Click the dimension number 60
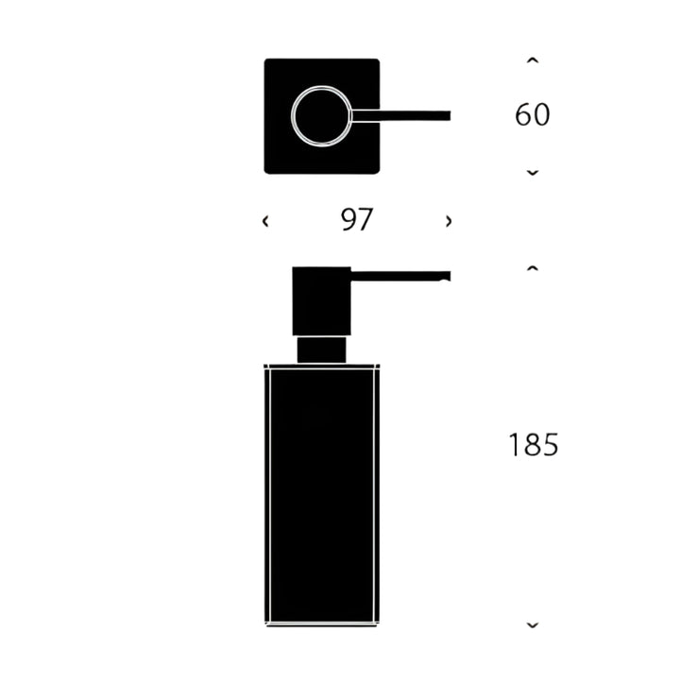[533, 115]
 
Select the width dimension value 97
[357, 220]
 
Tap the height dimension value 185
[534, 445]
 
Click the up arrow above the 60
[533, 61]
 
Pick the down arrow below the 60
[533, 172]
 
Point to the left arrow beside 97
[265, 221]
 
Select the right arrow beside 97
[449, 221]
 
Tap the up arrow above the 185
[533, 269]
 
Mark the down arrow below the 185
[533, 625]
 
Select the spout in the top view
[401, 116]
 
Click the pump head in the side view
[321, 300]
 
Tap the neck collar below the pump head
[322, 349]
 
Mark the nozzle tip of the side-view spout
[447, 277]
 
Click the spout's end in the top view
[447, 116]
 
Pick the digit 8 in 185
[534, 445]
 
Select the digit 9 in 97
[348, 220]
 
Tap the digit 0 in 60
[542, 115]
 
